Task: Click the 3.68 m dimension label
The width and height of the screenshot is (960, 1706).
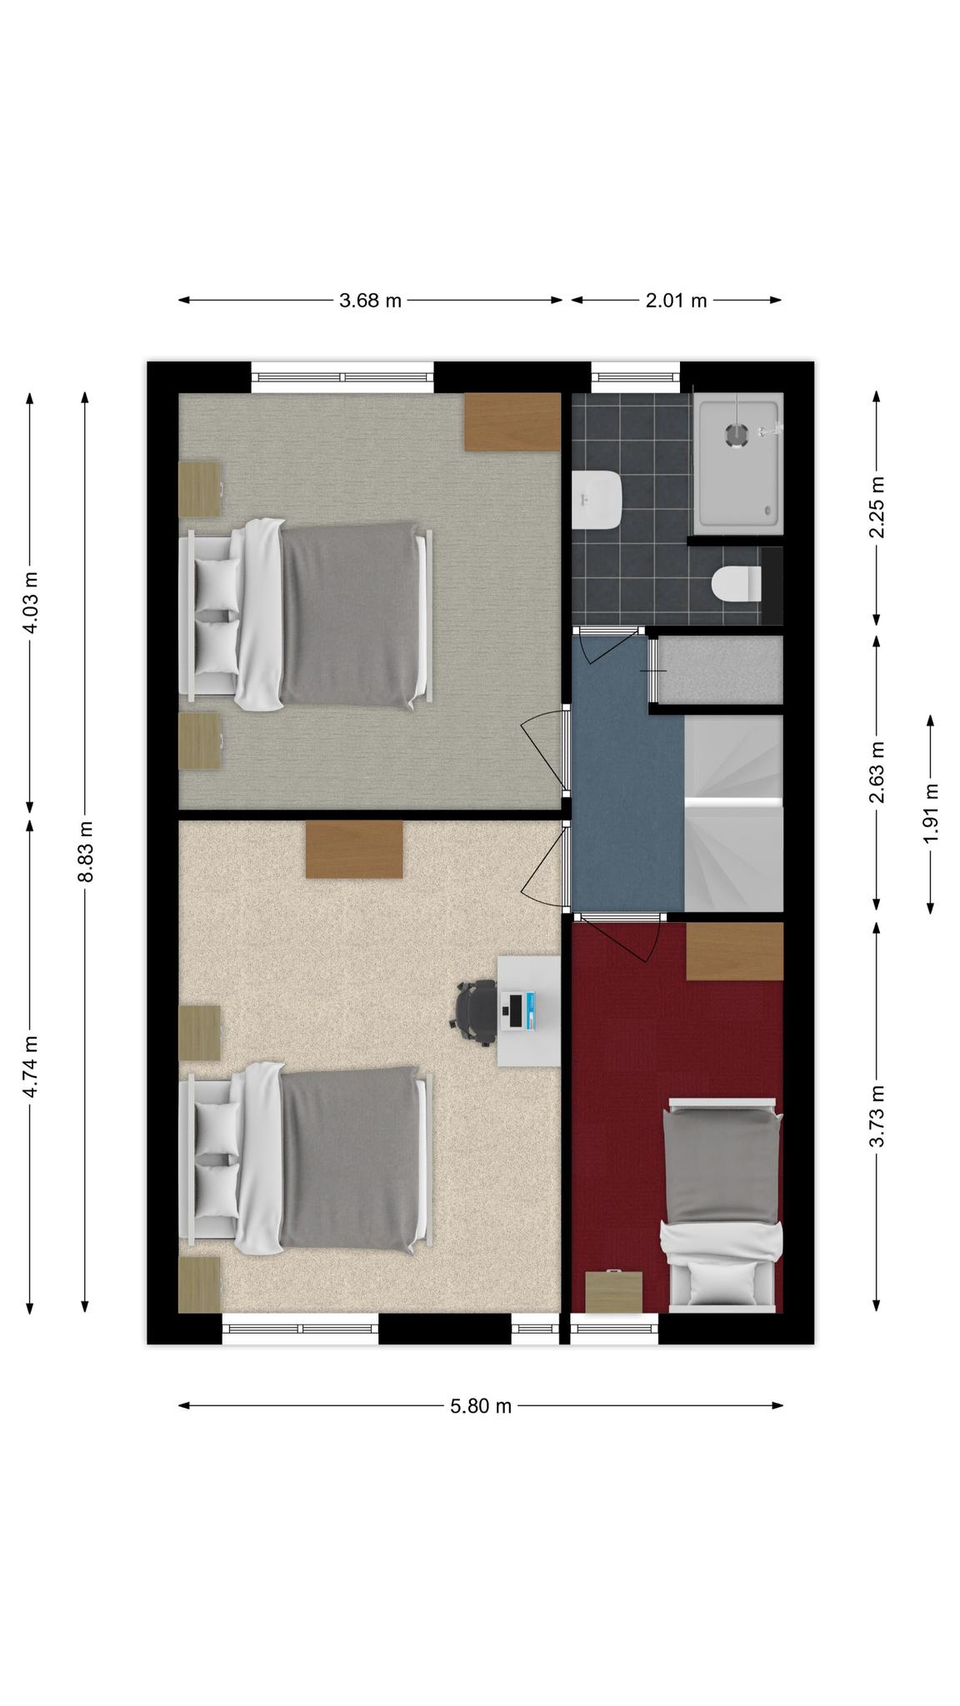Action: [370, 301]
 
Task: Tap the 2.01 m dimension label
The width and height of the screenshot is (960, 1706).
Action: [676, 301]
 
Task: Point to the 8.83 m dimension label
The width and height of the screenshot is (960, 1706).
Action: [85, 851]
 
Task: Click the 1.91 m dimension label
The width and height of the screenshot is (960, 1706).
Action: [931, 814]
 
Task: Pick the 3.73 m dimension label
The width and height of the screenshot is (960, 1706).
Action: [877, 1116]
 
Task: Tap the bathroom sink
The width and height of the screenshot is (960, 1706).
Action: [597, 500]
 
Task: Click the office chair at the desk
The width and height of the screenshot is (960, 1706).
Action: [476, 1012]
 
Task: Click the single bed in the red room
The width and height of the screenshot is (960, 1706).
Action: [722, 1205]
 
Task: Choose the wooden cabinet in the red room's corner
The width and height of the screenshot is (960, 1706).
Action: [735, 950]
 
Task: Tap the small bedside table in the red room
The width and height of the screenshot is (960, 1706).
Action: [614, 1292]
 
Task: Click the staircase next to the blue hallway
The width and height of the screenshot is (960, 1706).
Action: [733, 813]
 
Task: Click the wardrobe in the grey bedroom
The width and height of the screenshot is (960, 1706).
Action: [512, 422]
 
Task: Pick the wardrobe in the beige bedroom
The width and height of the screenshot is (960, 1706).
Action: [354, 849]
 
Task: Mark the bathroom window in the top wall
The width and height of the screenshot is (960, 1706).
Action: [636, 377]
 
